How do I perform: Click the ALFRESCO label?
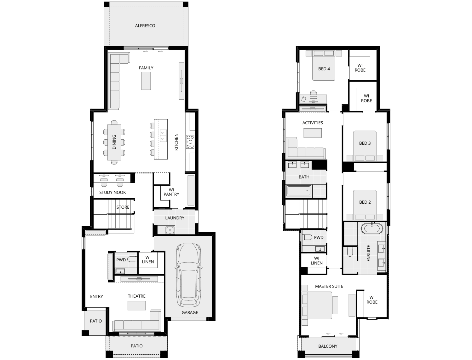coord(145,26)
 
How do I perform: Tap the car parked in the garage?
coord(189,275)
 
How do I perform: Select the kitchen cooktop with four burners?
coord(190,142)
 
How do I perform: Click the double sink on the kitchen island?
coord(163,136)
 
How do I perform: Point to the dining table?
coord(114,142)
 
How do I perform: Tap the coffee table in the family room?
coord(146,81)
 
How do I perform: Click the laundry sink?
coord(170,230)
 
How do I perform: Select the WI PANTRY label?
coord(171,192)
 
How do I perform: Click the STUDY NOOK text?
coord(112,193)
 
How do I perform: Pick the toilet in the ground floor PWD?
coord(132,259)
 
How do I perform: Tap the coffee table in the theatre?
coord(136,305)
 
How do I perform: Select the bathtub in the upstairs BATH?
coord(299,191)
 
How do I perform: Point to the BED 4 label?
coord(324,69)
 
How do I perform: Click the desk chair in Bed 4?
coord(313,93)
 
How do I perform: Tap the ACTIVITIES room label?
coord(313,123)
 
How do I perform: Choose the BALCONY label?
coord(328,346)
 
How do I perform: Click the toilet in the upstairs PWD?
coord(307,237)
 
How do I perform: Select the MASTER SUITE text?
coord(329,286)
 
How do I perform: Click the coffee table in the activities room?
coord(313,133)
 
